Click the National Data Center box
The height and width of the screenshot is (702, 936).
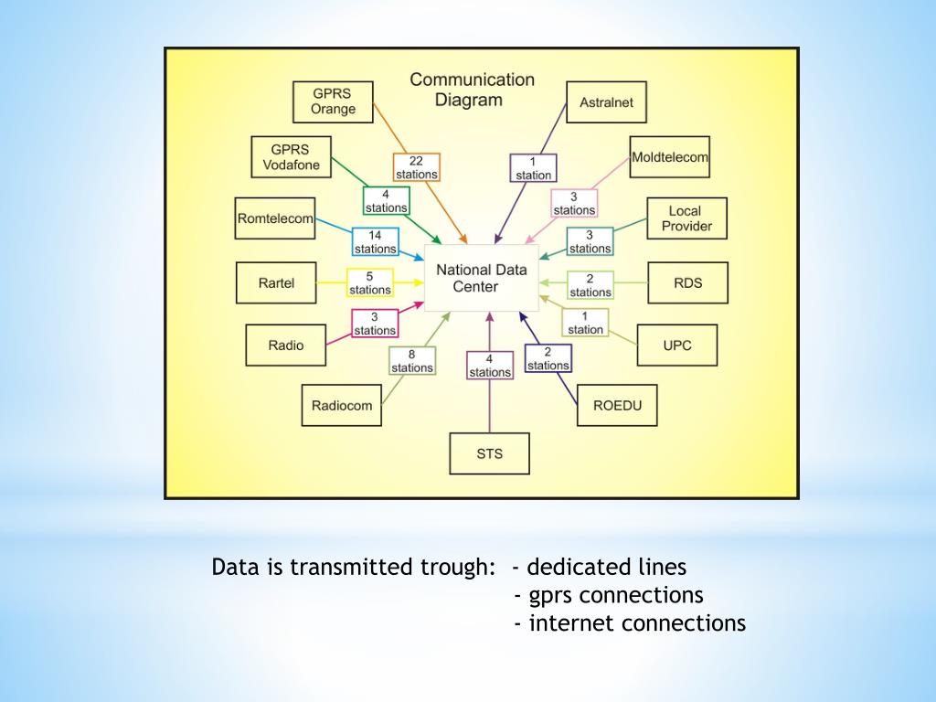[481, 279]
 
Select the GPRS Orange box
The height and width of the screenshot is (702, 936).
[333, 101]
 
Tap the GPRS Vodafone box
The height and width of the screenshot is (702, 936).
[291, 157]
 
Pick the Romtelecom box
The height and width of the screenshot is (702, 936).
[274, 218]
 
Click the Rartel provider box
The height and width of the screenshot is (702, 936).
[276, 283]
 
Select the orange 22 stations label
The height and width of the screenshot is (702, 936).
[417, 167]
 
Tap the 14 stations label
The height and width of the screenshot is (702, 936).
[375, 242]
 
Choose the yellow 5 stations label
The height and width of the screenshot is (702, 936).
[369, 283]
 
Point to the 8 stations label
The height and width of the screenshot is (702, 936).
[411, 361]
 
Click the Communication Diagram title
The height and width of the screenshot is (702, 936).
[472, 90]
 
